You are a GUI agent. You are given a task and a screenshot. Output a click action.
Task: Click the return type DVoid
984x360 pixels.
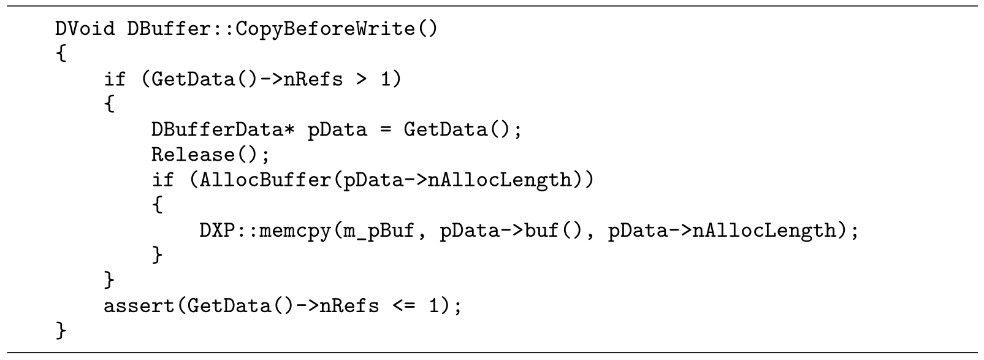85,29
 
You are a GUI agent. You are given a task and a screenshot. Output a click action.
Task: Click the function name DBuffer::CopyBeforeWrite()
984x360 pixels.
283,29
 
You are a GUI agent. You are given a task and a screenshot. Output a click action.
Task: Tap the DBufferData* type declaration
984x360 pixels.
223,129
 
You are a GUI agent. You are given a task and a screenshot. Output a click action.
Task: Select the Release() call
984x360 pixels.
210,155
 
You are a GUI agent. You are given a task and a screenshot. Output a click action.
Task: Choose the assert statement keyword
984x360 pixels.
139,305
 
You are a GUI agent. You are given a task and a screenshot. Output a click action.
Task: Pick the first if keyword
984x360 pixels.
115,79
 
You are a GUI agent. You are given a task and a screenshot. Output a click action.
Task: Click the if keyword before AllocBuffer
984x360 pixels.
162,180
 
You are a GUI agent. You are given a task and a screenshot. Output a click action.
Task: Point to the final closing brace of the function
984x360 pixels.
61,331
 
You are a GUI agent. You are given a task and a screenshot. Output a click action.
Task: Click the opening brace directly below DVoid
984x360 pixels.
61,54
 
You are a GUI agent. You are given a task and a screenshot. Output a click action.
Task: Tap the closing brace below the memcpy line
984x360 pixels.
158,255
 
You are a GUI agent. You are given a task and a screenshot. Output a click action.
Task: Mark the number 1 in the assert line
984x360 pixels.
433,305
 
